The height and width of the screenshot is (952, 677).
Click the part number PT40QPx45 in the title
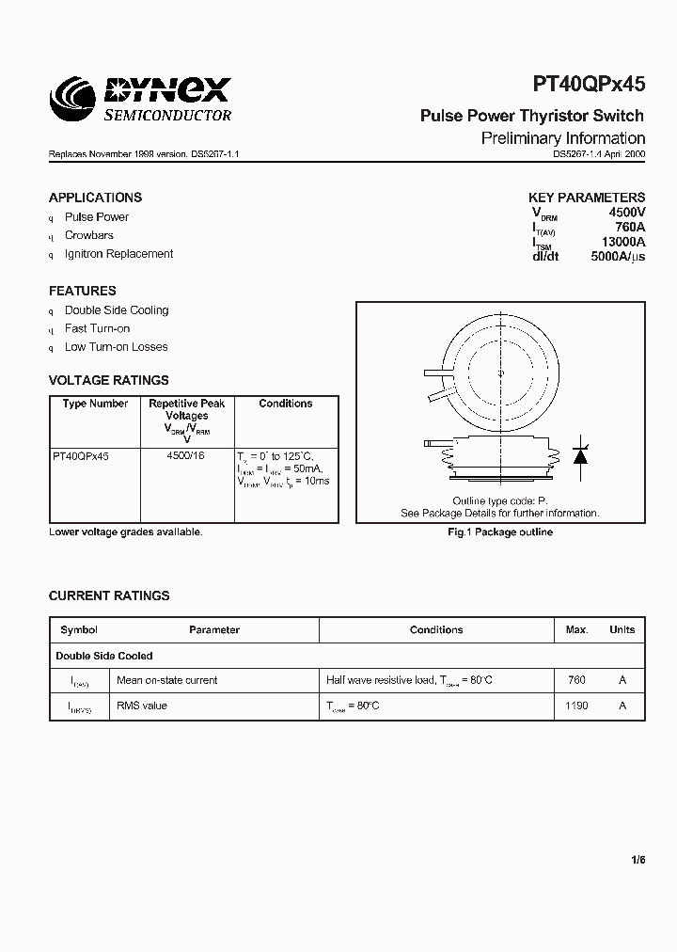pyautogui.click(x=589, y=85)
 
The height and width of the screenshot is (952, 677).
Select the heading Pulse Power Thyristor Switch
pyautogui.click(x=531, y=116)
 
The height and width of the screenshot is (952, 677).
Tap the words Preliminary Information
pyautogui.click(x=563, y=138)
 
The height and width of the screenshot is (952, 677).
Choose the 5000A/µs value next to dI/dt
pyautogui.click(x=617, y=256)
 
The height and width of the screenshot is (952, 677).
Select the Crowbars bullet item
pyautogui.click(x=89, y=235)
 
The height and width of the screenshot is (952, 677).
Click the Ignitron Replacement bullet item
pyautogui.click(x=118, y=254)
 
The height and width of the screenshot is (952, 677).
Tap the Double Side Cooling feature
pyautogui.click(x=117, y=310)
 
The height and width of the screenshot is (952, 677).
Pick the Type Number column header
pyautogui.click(x=95, y=404)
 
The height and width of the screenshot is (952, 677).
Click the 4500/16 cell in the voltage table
pyautogui.click(x=186, y=455)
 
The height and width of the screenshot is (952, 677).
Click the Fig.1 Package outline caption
pyautogui.click(x=499, y=532)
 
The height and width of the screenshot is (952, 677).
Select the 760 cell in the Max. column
pyautogui.click(x=576, y=680)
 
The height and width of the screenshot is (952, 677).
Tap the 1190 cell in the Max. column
pyautogui.click(x=576, y=706)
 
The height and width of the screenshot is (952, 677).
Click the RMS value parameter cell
pyautogui.click(x=141, y=706)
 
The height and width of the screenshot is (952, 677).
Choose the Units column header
pyautogui.click(x=622, y=630)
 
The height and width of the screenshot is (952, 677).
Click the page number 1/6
pyautogui.click(x=638, y=860)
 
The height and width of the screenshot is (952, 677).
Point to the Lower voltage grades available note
pyautogui.click(x=125, y=532)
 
